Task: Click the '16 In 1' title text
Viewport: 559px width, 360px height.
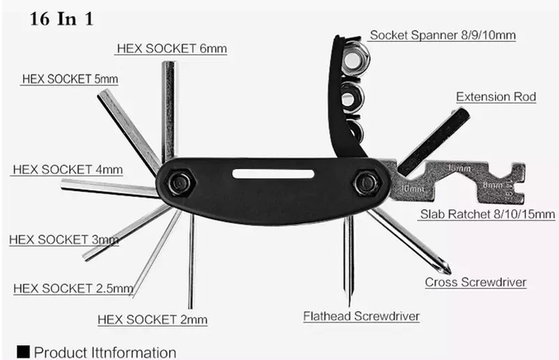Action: [61, 19]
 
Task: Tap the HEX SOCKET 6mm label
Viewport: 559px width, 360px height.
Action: [172, 48]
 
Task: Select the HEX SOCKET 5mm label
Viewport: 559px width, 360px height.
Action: [70, 79]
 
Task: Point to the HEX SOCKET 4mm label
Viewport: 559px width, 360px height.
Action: [68, 169]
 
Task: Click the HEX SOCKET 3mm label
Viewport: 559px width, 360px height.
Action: [64, 240]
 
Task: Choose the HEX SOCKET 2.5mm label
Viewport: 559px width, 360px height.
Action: [73, 288]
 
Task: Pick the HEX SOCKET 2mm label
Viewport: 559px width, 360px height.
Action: [152, 320]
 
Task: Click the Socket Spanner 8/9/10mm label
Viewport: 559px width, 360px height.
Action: [443, 35]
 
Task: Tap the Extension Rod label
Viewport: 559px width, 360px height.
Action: [496, 96]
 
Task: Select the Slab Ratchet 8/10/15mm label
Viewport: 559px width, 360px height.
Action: [488, 214]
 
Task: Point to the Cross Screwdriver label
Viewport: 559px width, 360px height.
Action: [476, 282]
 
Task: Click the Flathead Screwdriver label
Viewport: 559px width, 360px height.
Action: [361, 316]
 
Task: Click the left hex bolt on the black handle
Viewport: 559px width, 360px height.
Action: [179, 183]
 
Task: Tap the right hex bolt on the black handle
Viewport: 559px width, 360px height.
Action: [366, 183]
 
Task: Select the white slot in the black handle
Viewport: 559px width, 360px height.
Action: [273, 174]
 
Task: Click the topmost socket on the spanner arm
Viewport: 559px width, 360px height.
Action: [354, 57]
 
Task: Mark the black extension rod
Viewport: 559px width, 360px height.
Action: [433, 141]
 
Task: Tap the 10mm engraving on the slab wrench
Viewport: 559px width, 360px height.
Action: [412, 189]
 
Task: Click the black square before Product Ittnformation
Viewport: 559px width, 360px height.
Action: [23, 351]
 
